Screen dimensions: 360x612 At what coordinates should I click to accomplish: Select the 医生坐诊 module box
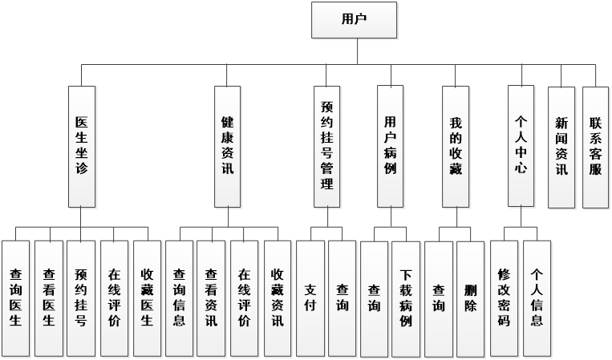(81, 146)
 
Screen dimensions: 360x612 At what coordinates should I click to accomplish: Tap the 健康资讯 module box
(227, 146)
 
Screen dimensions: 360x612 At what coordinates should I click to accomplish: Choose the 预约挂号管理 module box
(326, 146)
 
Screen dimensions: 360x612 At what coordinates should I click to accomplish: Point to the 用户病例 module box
(391, 146)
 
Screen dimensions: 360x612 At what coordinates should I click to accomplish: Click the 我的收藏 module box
(456, 146)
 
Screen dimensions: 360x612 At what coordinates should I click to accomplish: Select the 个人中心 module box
(521, 146)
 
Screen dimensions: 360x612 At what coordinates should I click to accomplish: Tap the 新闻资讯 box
(561, 146)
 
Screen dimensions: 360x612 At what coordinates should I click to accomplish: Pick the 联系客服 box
(595, 146)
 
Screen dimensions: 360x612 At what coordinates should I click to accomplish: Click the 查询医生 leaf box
(15, 297)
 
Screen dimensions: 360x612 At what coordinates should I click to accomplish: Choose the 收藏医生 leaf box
(147, 297)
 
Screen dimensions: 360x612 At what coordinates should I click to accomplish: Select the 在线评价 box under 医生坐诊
(114, 297)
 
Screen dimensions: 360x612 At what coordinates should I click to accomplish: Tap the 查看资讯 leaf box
(211, 297)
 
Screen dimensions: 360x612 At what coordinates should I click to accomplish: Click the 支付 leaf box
(310, 297)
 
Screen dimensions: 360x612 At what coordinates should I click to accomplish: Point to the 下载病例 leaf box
(406, 297)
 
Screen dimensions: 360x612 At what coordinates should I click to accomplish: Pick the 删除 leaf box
(471, 297)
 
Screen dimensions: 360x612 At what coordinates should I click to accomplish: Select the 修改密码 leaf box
(504, 297)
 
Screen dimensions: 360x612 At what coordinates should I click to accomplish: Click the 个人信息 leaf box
(537, 297)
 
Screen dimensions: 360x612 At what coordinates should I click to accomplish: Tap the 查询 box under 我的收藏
(438, 297)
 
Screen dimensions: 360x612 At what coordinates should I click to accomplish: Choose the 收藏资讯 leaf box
(277, 297)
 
